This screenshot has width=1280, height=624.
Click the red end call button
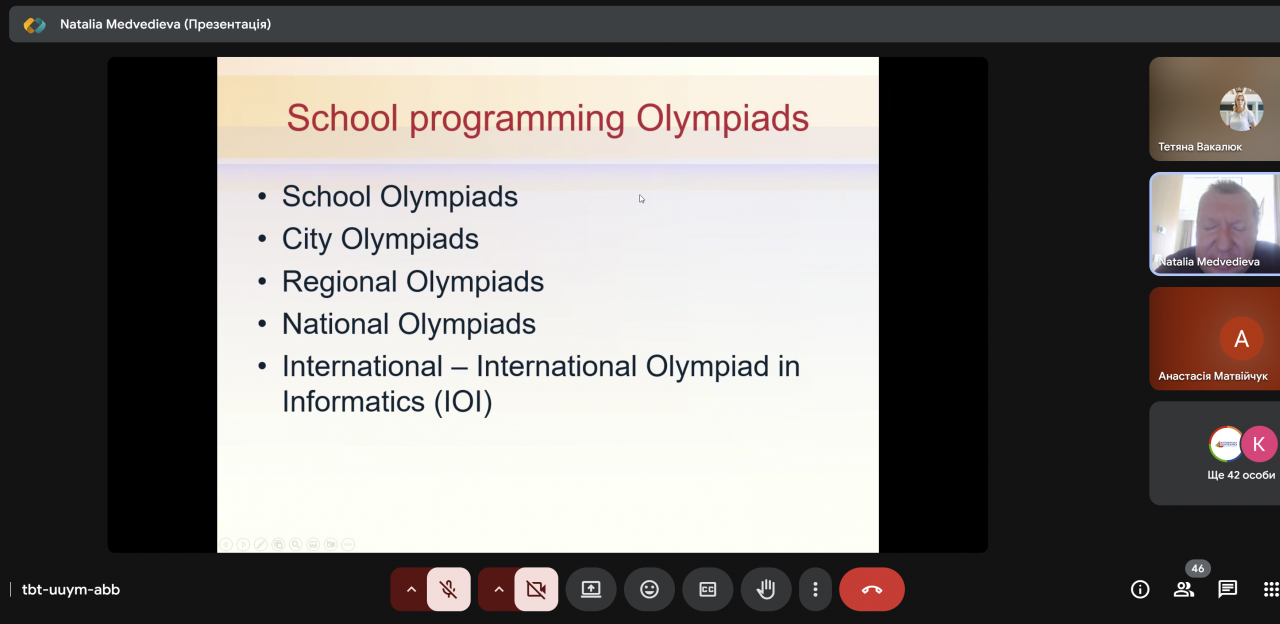871,589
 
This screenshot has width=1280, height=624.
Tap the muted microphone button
449,589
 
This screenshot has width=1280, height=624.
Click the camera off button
536,589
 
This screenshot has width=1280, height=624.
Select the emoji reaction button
649,589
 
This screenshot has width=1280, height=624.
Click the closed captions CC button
707,589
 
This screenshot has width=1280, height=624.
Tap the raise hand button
766,589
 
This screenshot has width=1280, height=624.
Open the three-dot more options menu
815,589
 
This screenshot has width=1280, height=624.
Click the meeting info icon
1140,589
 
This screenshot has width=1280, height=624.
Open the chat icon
1227,589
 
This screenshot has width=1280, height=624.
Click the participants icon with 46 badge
1183,589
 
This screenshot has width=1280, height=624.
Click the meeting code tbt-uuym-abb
71,590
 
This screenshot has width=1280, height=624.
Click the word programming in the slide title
517,120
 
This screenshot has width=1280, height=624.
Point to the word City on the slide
307,239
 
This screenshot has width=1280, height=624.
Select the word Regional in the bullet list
341,282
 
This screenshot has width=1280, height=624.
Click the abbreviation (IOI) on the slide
463,401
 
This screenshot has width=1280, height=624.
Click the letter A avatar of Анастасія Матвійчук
1241,339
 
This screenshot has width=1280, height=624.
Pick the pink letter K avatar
1259,444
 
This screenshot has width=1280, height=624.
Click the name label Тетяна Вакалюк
1200,147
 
